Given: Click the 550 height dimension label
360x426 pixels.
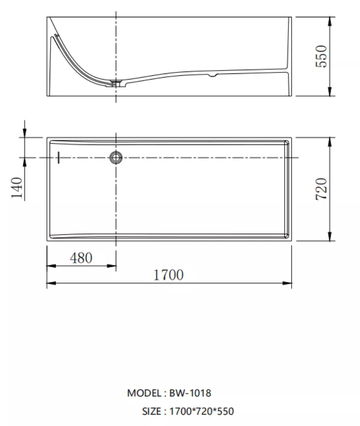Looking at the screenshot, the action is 321,56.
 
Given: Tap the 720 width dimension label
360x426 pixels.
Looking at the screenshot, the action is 321,189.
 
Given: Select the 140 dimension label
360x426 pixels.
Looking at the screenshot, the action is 16,188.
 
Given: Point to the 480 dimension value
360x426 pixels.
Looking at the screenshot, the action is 81,258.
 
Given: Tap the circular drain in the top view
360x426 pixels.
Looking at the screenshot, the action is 116,158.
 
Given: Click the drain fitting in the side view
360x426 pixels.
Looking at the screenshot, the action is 117,83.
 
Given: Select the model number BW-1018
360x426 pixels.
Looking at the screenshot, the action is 190,393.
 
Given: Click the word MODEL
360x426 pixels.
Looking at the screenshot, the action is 144,393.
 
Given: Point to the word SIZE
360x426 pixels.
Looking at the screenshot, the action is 152,412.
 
